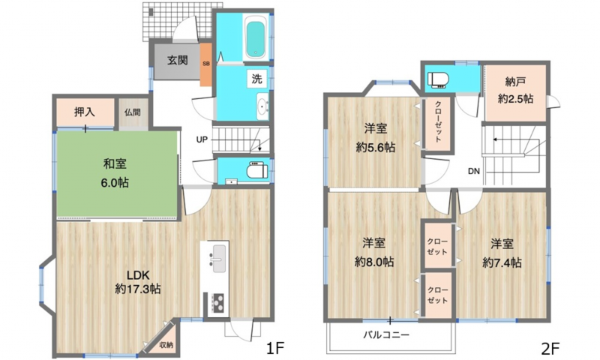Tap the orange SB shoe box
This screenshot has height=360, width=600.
[x=205, y=64]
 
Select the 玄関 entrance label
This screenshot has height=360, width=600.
[x=178, y=60]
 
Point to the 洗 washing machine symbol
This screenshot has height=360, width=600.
[x=256, y=79]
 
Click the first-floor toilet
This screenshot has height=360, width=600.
[x=257, y=170]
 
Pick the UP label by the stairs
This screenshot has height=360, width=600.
[x=202, y=139]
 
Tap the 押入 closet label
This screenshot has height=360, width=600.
[x=85, y=112]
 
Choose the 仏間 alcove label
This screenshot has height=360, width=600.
[x=133, y=112]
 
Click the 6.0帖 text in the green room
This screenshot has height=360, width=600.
[x=115, y=183]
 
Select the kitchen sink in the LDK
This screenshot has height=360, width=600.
[x=218, y=259]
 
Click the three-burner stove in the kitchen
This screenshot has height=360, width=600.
[x=217, y=302]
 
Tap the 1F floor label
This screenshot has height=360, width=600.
[x=275, y=348]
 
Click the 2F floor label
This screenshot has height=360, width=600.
[x=550, y=348]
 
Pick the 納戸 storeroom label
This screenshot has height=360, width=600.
[x=515, y=82]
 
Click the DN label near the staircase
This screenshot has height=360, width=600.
[x=474, y=172]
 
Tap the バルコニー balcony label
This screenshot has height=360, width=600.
[x=386, y=335]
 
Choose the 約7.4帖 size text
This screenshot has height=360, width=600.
[x=502, y=262]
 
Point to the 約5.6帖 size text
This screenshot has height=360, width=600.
[x=376, y=147]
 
